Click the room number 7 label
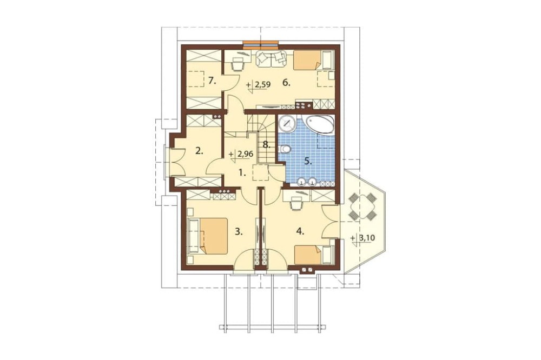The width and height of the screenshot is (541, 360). click(212, 81)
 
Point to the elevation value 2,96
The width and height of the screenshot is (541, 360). click(246, 155)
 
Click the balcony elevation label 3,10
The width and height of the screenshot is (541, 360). click(362, 238)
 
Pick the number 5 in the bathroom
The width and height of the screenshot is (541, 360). click(308, 161)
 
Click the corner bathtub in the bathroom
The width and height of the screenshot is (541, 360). click(320, 125)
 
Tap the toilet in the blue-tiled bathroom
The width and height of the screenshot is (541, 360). click(286, 149)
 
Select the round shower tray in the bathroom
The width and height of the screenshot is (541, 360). click(286, 123)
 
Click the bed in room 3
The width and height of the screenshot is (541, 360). click(207, 236)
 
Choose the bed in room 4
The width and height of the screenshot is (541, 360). click(313, 255)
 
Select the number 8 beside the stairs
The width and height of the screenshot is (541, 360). click(265, 145)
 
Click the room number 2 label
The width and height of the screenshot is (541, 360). click(199, 151)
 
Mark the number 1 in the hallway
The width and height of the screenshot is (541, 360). click(243, 174)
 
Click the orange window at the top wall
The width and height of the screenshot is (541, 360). click(261, 44)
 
